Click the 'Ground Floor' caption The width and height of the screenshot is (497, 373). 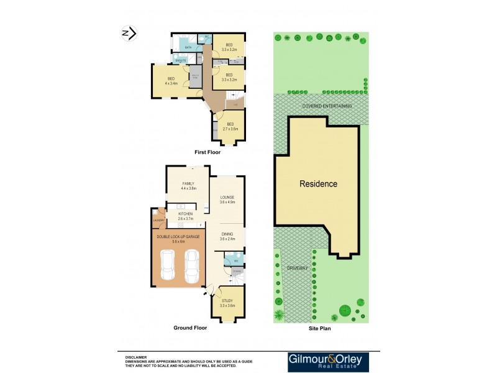click(x=190, y=328)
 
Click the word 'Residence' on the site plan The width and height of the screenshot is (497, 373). click(x=318, y=184)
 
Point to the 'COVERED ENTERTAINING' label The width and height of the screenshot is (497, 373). click(x=327, y=106)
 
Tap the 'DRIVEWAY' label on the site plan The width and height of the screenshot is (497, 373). click(x=297, y=267)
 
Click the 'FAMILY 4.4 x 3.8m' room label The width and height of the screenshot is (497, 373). click(x=188, y=186)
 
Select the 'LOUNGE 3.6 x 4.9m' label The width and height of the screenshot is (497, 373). click(x=227, y=200)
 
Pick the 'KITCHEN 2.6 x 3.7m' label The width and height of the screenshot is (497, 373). click(x=186, y=216)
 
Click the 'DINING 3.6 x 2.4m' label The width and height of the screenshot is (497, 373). click(x=227, y=237)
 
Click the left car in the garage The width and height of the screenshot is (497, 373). click(x=168, y=266)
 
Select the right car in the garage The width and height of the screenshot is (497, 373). click(x=192, y=265)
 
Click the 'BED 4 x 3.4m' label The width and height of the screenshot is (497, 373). click(x=171, y=80)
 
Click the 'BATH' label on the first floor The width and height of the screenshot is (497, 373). click(x=188, y=47)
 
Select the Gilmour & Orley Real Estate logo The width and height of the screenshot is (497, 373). click(x=328, y=362)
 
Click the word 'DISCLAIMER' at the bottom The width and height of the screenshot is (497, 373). click(x=136, y=357)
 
